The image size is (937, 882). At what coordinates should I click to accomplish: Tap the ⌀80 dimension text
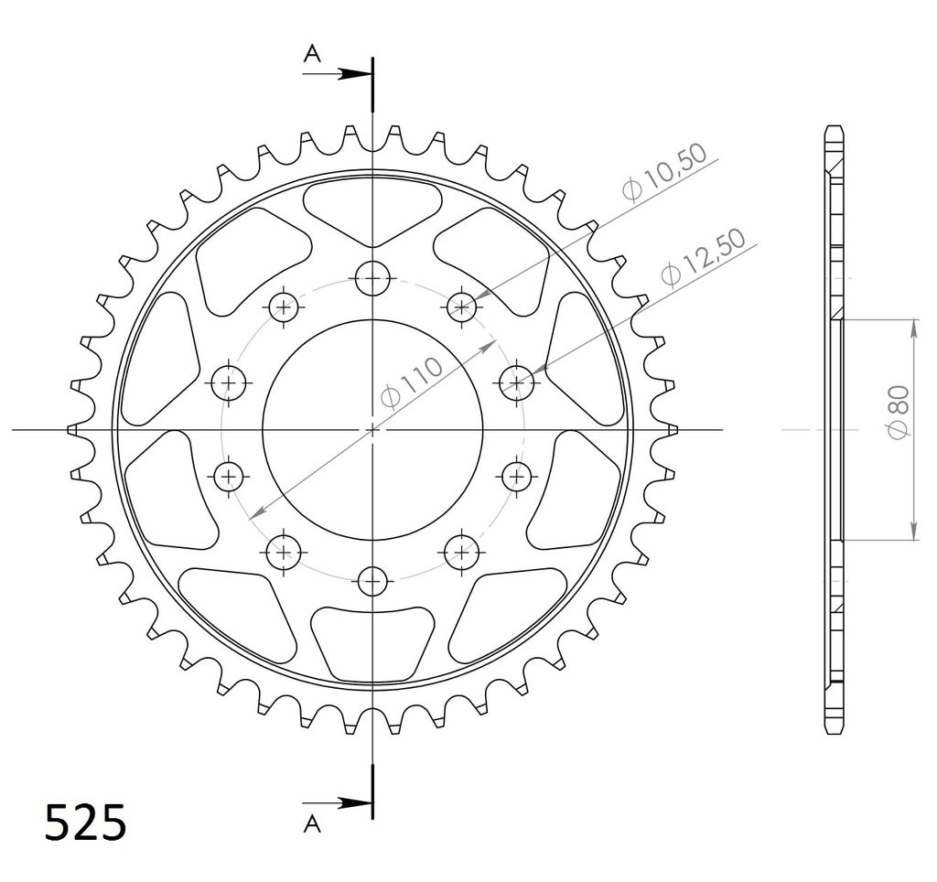click(x=899, y=413)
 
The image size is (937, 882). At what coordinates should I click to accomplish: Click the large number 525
click(x=86, y=823)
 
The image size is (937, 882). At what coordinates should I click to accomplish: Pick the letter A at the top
click(x=313, y=54)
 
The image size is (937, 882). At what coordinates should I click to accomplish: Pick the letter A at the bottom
click(x=313, y=824)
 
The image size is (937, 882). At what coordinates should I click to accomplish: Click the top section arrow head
click(x=353, y=74)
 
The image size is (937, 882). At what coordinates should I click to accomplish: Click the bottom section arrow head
click(x=353, y=803)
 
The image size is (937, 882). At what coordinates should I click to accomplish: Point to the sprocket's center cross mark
click(x=372, y=430)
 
